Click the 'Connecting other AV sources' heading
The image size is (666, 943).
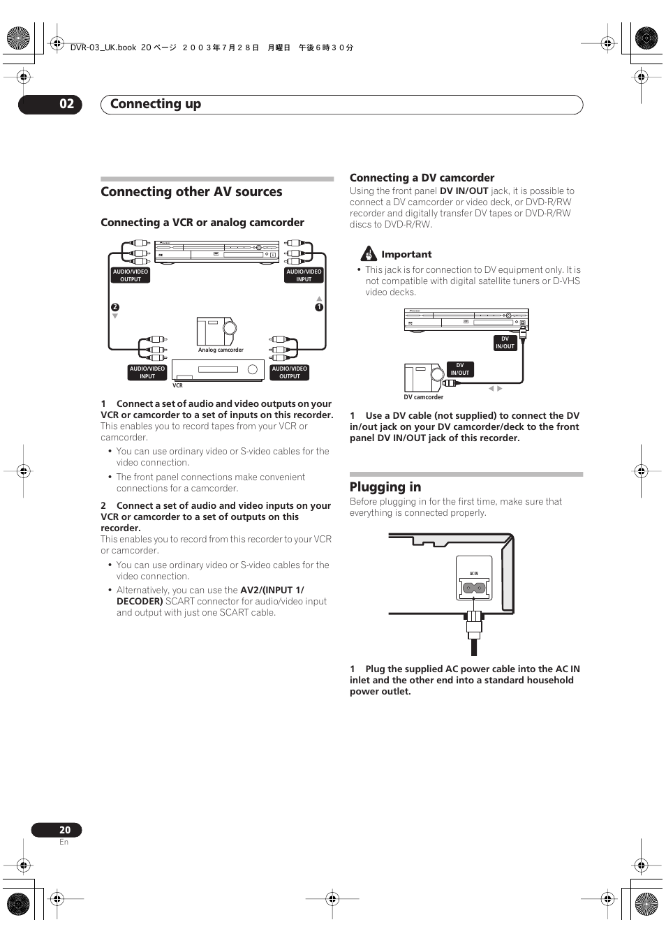click(191, 192)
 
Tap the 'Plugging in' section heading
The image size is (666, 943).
click(385, 487)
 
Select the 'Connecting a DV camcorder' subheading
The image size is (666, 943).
click(422, 178)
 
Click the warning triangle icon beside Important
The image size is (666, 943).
click(369, 254)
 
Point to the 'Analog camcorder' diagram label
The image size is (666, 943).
click(221, 350)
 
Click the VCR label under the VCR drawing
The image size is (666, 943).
click(177, 385)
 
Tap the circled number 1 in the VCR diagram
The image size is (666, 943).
click(319, 307)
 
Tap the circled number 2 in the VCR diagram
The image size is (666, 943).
click(115, 307)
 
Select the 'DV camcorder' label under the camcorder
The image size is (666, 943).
click(423, 397)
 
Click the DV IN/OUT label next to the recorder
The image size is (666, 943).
click(505, 343)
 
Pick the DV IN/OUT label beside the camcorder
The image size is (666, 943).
click(460, 369)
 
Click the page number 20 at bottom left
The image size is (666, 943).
click(65, 830)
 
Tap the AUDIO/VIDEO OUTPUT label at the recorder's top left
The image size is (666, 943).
click(131, 276)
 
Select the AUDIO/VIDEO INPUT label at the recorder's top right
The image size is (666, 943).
click(304, 276)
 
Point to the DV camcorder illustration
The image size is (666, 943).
click(423, 378)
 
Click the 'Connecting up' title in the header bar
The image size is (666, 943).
click(156, 104)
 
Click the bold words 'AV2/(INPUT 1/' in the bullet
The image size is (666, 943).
click(272, 590)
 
